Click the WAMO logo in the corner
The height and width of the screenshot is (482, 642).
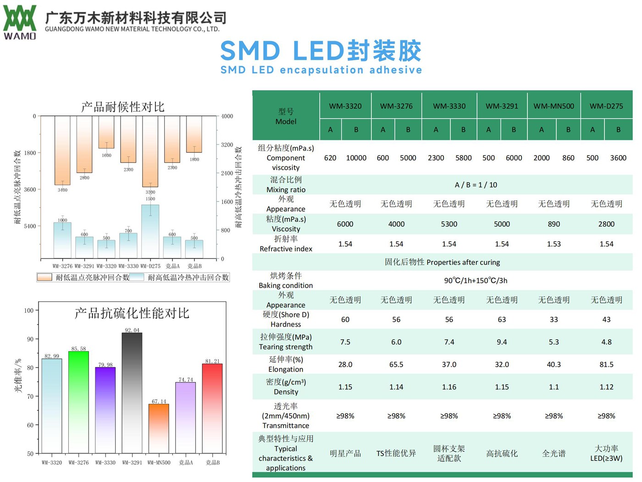pyautogui.click(x=20, y=22)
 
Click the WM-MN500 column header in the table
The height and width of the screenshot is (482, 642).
pyautogui.click(x=553, y=106)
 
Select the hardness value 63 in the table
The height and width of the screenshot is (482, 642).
pyautogui.click(x=502, y=319)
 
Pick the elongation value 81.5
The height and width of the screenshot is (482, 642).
pyautogui.click(x=606, y=364)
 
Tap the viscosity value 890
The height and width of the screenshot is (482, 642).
pyautogui.click(x=553, y=224)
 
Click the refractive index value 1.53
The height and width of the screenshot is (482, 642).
pyautogui.click(x=553, y=244)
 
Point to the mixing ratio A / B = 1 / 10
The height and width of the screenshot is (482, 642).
pyautogui.click(x=476, y=185)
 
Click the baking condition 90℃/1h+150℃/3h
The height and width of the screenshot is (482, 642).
pyautogui.click(x=476, y=280)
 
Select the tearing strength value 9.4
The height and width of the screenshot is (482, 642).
pyautogui.click(x=502, y=342)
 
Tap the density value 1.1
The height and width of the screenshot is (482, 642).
pyautogui.click(x=553, y=387)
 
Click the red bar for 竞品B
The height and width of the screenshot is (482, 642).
pyautogui.click(x=212, y=409)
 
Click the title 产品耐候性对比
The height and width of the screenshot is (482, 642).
pyautogui.click(x=122, y=107)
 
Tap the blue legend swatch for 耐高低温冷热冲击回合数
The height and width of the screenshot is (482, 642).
pyautogui.click(x=137, y=277)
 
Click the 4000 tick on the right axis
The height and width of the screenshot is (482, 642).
pyautogui.click(x=227, y=116)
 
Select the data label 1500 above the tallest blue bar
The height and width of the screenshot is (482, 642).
pyautogui.click(x=150, y=199)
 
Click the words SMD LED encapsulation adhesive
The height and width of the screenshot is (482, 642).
pyautogui.click(x=321, y=70)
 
